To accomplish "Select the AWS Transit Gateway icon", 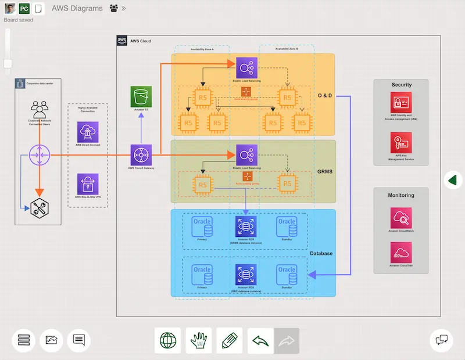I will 141,155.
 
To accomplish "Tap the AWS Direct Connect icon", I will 88,132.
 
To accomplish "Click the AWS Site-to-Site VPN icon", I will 88,183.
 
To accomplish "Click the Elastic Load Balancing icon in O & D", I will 246,68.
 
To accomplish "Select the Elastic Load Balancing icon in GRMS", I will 246,155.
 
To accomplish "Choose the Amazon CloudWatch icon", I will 401,218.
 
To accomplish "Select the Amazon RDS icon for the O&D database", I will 246,275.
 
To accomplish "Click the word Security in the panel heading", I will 401,85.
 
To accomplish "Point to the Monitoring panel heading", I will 401,195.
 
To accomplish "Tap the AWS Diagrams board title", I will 77,8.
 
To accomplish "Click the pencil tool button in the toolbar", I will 230,340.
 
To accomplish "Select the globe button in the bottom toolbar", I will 168,340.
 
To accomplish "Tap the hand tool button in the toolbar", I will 198,340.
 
